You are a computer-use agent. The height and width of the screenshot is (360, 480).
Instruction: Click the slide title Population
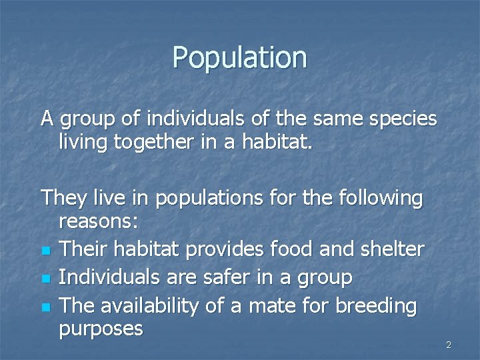[239, 57]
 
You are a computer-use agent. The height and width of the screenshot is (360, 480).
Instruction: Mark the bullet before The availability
[45, 307]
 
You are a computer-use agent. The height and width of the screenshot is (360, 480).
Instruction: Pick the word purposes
[101, 329]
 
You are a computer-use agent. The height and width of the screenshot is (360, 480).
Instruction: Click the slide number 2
[448, 345]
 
